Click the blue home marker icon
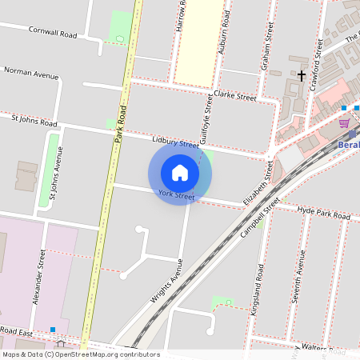[x=180, y=173]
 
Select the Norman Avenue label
[x=32, y=74]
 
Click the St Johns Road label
[x=34, y=122]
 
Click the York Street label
[x=176, y=195]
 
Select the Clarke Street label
[x=234, y=96]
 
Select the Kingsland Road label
[x=257, y=288]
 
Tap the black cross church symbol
[x=302, y=75]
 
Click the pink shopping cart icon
[x=344, y=122]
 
